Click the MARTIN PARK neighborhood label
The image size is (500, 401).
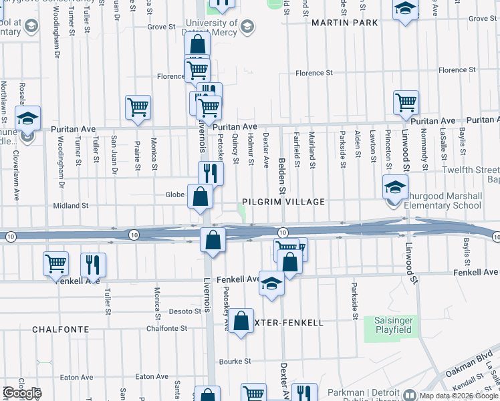click(x=344, y=23)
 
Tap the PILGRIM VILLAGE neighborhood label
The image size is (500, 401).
click(x=283, y=202)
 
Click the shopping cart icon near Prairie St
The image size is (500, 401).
click(x=138, y=106)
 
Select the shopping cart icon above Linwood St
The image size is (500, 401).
click(x=406, y=102)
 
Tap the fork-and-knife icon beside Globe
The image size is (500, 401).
click(x=211, y=173)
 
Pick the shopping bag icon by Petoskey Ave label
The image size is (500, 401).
click(x=242, y=321)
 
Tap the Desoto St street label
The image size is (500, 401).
click(x=180, y=311)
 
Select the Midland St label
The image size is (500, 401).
click(x=70, y=206)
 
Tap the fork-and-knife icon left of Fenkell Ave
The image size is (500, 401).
click(x=93, y=263)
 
